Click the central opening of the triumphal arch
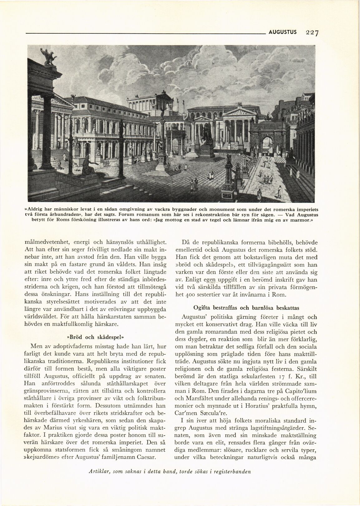(x=268, y=144)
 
